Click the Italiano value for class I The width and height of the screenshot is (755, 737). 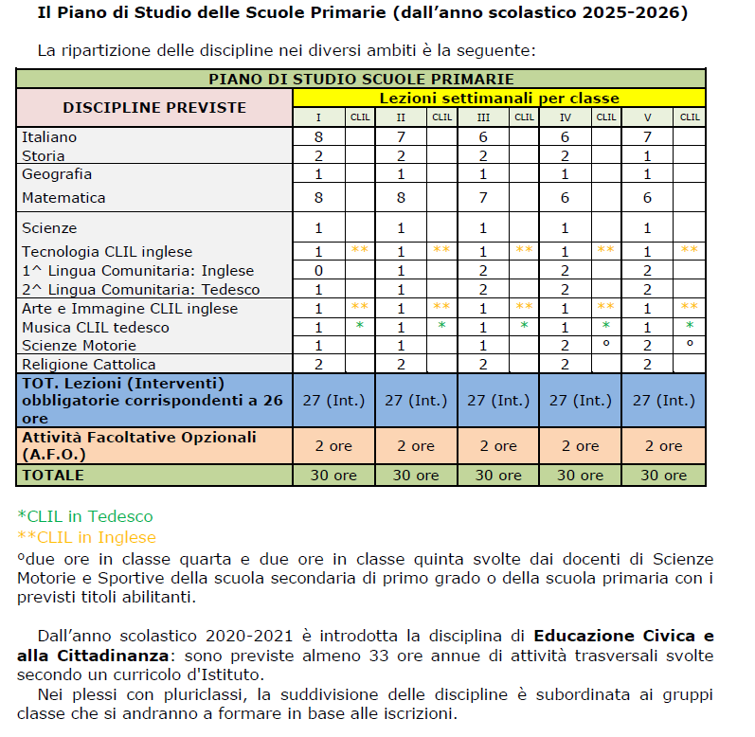pos(319,137)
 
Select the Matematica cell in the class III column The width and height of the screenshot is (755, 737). pos(483,198)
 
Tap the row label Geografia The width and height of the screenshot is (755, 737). pos(57,174)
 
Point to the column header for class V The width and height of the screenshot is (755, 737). pos(648,117)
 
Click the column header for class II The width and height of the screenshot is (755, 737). pos(401,117)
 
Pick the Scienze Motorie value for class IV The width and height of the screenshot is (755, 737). pos(566,346)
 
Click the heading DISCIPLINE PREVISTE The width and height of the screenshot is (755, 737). pos(154,107)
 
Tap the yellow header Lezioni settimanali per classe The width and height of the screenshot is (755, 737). pos(499,98)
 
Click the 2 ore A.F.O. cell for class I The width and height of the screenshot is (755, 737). pos(333,445)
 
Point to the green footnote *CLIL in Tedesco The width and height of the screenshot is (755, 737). pos(85,516)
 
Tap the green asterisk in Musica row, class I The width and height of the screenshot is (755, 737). pos(360,327)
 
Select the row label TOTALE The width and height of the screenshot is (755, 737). pos(53,476)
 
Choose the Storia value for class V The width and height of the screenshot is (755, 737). pos(648,155)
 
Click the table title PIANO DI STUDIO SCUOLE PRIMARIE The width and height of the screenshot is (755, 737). pos(361,79)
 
